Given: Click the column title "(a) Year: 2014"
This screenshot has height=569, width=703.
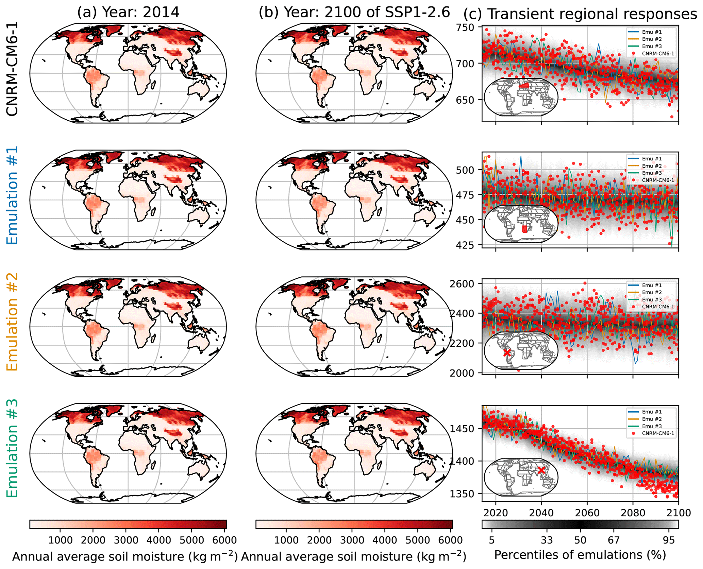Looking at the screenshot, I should click(x=128, y=13).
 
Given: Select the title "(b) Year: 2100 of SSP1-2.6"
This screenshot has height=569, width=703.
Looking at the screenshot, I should click(x=354, y=13).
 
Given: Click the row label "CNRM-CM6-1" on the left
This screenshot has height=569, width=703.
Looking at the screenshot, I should click(x=12, y=69).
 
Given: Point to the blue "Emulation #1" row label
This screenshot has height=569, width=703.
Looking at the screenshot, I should click(x=12, y=195).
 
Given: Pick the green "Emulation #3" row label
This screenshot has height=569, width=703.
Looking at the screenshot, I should click(x=12, y=448).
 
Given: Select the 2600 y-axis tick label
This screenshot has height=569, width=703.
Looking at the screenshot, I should click(x=462, y=284).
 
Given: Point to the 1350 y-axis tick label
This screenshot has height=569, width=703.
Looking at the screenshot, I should click(x=462, y=494).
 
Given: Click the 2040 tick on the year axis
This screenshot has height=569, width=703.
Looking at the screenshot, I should click(x=541, y=513).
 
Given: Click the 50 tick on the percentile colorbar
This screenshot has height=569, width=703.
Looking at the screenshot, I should click(x=580, y=540).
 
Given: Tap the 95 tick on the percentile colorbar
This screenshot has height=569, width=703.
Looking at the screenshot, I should click(x=669, y=540).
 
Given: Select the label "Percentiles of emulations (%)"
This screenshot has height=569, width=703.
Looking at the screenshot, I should click(x=580, y=555).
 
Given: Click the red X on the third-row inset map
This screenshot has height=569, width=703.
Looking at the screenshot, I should click(x=507, y=353).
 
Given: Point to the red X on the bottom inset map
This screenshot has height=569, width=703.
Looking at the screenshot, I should click(x=541, y=470).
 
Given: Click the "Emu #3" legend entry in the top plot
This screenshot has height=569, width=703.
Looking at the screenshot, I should click(x=651, y=46).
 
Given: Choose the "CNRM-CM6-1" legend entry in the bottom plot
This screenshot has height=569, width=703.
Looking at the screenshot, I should click(x=657, y=433).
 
